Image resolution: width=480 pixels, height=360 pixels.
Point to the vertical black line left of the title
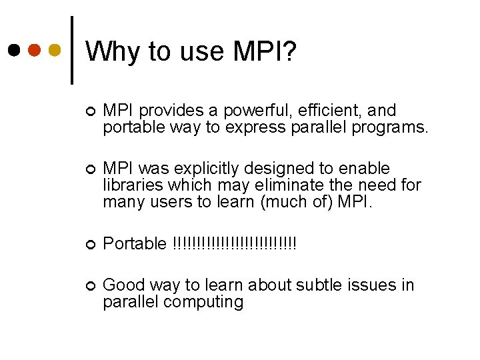[71, 50]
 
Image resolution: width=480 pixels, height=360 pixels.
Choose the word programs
[395, 128]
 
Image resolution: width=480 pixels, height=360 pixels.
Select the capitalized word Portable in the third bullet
[135, 244]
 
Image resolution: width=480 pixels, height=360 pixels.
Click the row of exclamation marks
[234, 243]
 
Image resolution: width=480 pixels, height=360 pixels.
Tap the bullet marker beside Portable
[91, 244]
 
